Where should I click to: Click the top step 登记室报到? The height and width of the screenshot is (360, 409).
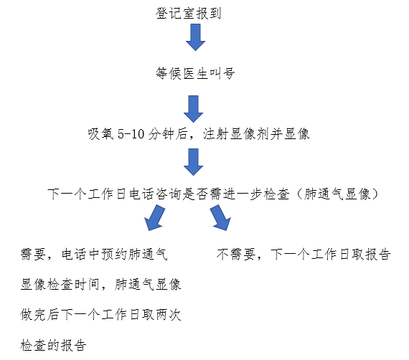tap(188, 13)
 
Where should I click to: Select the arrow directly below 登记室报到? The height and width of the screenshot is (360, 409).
tap(195, 37)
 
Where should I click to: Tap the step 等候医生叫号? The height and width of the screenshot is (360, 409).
tap(195, 73)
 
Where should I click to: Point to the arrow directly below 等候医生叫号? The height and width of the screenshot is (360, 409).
tap(193, 109)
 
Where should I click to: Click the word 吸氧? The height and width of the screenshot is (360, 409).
tap(100, 134)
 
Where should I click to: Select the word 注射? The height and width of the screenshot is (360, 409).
tap(216, 134)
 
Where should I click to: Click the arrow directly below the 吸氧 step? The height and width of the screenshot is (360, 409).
tap(193, 162)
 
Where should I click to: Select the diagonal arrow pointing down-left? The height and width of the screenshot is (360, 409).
tap(155, 218)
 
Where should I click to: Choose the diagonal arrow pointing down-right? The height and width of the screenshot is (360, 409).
tap(220, 218)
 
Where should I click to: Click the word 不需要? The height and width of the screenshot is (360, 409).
tap(236, 254)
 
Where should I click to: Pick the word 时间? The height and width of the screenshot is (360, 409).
tap(87, 285)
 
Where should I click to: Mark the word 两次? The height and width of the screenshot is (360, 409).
tap(169, 315)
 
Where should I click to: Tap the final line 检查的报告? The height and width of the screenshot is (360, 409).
tap(53, 345)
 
